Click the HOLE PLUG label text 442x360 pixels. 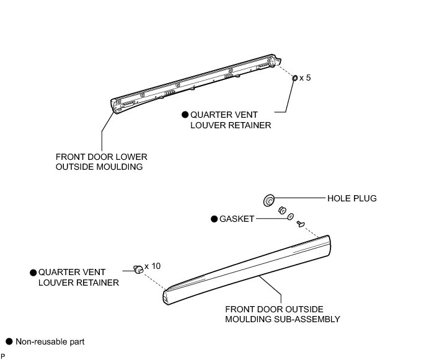(352, 199)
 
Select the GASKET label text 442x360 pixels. (237, 219)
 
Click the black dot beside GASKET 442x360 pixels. (214, 219)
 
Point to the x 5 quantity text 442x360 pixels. (304, 78)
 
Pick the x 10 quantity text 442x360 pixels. (152, 266)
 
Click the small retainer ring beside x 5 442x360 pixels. (294, 78)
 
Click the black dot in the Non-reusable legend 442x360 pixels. (9, 341)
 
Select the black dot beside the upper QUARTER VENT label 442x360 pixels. (184, 115)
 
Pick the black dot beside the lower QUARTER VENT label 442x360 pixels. (32, 273)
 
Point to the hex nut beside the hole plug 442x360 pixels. (281, 209)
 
